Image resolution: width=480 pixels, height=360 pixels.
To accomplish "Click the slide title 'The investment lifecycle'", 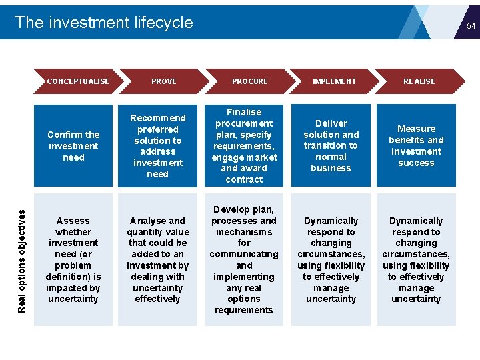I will pos(104,23).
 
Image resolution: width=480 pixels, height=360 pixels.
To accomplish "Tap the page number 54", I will pos(471,26).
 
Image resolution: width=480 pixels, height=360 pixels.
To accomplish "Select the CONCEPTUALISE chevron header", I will pos(78,81).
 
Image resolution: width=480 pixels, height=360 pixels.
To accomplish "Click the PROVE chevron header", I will pos(163,81).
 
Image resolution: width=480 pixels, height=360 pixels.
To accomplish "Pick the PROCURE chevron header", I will pos(249,81).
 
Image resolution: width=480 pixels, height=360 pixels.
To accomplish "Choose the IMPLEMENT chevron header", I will pos(334,81).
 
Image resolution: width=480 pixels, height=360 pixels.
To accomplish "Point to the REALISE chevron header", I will pos(419,81).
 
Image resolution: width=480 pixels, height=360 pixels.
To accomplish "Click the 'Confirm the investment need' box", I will pos(73,146).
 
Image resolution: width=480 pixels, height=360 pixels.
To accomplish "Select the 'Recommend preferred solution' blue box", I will pos(158,146).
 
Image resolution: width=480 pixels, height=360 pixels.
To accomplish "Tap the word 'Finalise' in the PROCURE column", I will pos(244,112).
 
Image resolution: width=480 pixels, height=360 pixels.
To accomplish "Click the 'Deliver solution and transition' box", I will pos(331,146).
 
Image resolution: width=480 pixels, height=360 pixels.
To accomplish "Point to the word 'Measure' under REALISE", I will pos(416,129).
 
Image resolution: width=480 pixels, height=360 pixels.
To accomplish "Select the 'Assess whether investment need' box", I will pos(73,259).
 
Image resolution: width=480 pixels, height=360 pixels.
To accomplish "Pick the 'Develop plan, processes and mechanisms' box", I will pos(244,259).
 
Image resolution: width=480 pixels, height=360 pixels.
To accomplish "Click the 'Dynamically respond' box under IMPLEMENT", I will pos(331,259).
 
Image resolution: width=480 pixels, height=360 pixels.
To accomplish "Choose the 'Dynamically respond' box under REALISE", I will pos(416,259).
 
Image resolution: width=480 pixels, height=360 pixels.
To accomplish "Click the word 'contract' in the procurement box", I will pos(244,179).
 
